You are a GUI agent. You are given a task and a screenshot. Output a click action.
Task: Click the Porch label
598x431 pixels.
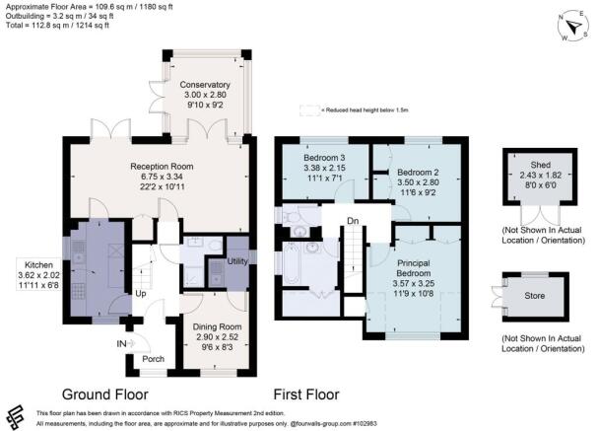[153, 358]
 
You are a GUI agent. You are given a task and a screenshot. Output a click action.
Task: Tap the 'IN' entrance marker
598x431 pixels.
[121, 342]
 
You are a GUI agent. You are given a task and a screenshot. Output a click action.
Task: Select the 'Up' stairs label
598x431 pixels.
[141, 294]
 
